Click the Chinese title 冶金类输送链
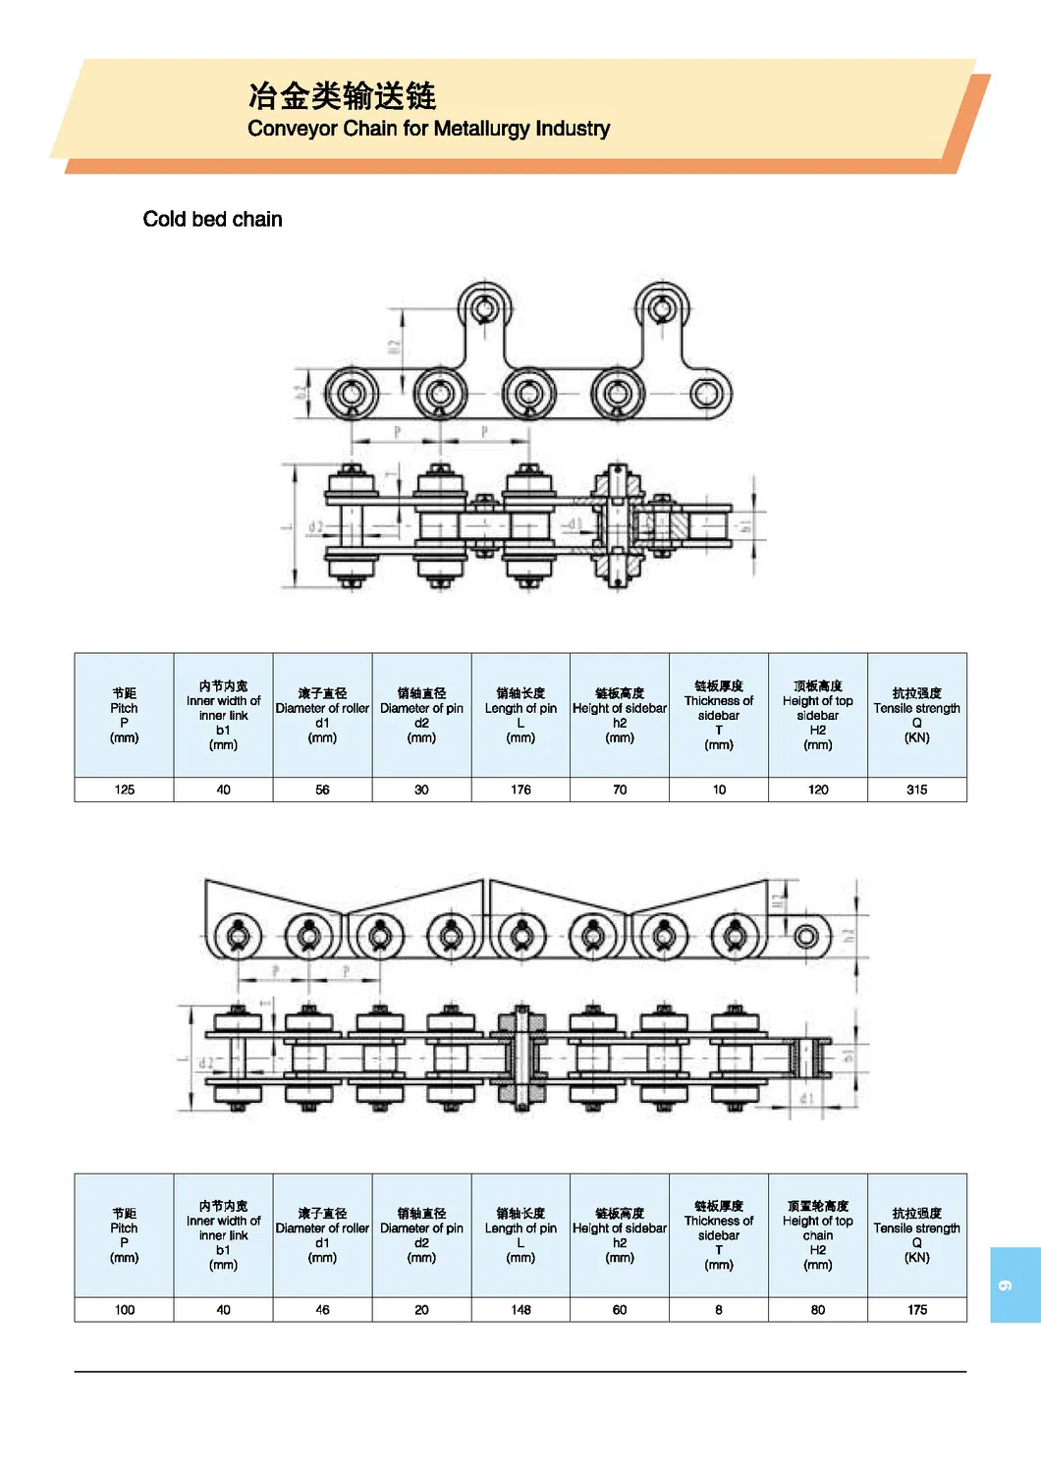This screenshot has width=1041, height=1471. (x=342, y=95)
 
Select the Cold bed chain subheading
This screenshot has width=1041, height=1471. (x=212, y=219)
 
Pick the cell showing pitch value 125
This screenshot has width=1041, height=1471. (x=125, y=790)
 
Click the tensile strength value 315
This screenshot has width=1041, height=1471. (x=916, y=790)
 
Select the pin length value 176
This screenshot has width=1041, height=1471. (x=520, y=790)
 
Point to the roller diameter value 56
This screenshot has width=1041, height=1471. (x=322, y=790)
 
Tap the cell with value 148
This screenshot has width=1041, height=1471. (x=520, y=1309)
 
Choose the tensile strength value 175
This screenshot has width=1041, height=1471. (x=916, y=1309)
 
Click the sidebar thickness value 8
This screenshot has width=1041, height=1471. (x=719, y=1309)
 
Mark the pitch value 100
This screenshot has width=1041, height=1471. (x=125, y=1309)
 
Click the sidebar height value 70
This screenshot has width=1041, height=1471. (x=620, y=790)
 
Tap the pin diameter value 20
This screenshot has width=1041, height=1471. (x=421, y=1309)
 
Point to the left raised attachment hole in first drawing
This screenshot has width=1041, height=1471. (x=484, y=309)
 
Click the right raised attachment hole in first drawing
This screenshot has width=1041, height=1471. (x=662, y=309)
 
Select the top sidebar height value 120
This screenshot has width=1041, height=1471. (x=817, y=790)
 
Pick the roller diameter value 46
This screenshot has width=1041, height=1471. (x=322, y=1309)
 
